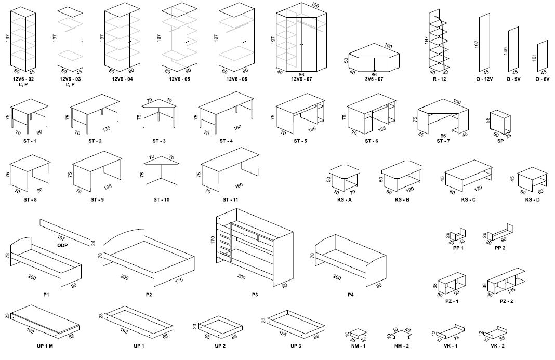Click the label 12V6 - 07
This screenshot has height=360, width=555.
click(301, 79)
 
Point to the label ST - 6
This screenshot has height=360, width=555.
click(372, 141)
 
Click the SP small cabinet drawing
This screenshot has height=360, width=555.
click(501, 123)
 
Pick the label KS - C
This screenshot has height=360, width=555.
click(468, 200)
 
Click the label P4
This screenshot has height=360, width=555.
click(351, 295)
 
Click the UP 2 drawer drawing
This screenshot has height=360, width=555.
click(220, 327)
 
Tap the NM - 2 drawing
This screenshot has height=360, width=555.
click(401, 332)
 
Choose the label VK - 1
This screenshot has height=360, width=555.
click(451, 346)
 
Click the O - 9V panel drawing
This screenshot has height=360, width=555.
click(514, 49)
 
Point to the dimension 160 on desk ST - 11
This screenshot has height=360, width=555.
click(239, 185)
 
